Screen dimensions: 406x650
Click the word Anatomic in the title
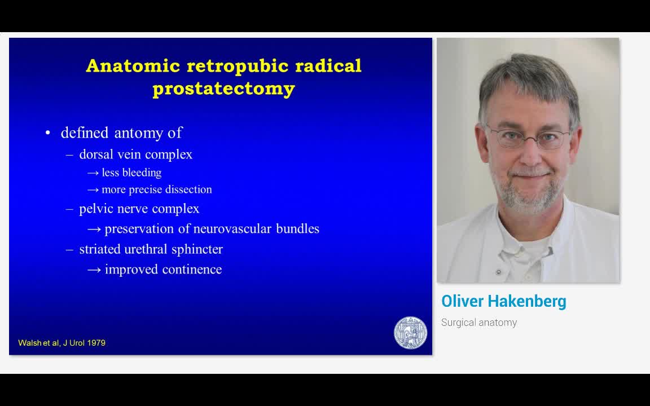pyautogui.click(x=133, y=66)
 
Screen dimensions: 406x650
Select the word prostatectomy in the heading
pyautogui.click(x=223, y=89)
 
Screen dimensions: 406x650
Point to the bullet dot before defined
pyautogui.click(x=48, y=133)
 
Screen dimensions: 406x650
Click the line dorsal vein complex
pyautogui.click(x=135, y=155)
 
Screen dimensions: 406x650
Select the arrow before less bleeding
pyautogui.click(x=93, y=173)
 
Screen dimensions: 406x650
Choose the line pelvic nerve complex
pyautogui.click(x=139, y=209)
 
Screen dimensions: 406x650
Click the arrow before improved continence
pyautogui.click(x=94, y=270)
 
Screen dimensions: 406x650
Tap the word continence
pyautogui.click(x=191, y=270)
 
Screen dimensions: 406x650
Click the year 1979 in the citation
pyautogui.click(x=96, y=343)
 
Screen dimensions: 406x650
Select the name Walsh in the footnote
pyautogui.click(x=28, y=343)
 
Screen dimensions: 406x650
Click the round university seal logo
pyautogui.click(x=410, y=332)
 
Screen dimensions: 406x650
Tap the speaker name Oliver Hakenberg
pyautogui.click(x=503, y=301)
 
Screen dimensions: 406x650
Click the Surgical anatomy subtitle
pyautogui.click(x=479, y=323)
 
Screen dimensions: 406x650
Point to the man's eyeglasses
pyautogui.click(x=528, y=138)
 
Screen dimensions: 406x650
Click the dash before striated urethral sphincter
pyautogui.click(x=69, y=249)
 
